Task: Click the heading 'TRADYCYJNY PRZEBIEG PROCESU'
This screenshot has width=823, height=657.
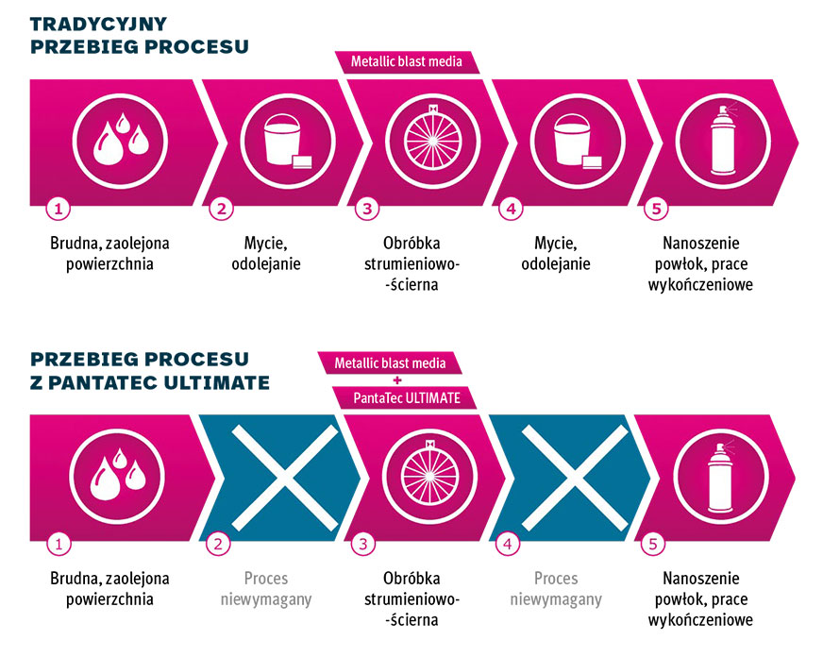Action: (140, 35)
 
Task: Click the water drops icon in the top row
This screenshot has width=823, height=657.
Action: (113, 139)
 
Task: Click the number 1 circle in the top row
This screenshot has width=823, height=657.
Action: (59, 210)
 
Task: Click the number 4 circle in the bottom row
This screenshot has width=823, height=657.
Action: (509, 544)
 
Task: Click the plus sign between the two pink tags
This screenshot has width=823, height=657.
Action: (397, 379)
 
